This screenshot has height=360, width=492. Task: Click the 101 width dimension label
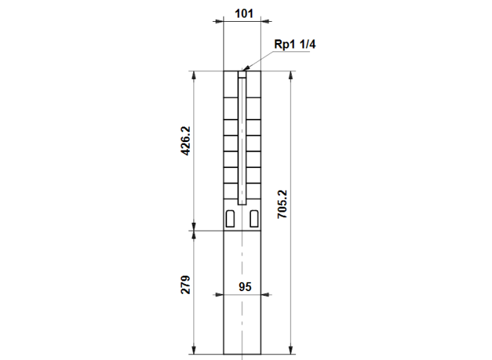pos(244,13)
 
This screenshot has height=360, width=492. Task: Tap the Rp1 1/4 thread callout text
pos(294,44)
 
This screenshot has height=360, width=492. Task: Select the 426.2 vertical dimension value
pos(186,141)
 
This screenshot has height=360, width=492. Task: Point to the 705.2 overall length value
pos(282,204)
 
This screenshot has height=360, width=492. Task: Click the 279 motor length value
pos(186,285)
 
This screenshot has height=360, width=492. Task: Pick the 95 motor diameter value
pos(245,287)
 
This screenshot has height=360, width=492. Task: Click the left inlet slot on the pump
pos(230,219)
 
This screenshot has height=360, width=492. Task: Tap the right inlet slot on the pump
pos(254,219)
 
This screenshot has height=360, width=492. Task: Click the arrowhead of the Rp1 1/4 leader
pos(246,68)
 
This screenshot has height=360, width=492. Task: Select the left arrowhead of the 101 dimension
pos(218,21)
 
